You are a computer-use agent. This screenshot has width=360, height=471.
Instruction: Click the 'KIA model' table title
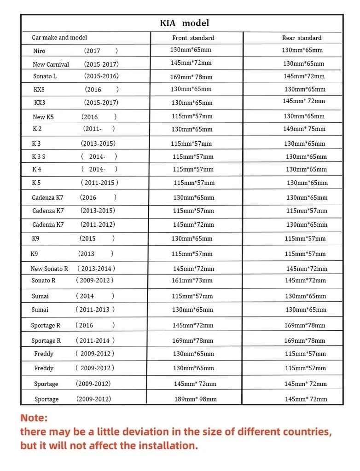[x=184, y=23]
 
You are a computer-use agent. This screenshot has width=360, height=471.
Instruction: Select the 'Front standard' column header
[x=193, y=38]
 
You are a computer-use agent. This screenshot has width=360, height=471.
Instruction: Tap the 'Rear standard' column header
[x=302, y=38]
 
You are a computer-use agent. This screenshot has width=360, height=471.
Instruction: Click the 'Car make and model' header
[x=59, y=37]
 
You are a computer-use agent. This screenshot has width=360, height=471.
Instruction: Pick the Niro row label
[x=40, y=51]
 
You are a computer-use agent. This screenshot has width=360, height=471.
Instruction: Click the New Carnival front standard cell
[x=191, y=63]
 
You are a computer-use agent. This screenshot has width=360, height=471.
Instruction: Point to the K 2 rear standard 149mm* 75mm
[x=304, y=129]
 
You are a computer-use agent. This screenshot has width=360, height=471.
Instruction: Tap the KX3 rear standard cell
[x=304, y=101]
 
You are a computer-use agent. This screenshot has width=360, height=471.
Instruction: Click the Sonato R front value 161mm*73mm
[x=192, y=280]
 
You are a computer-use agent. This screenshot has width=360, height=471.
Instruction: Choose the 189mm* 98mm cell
[x=195, y=399]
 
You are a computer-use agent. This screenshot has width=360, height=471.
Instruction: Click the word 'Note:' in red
[x=34, y=418]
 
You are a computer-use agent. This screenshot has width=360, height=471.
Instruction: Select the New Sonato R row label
[x=49, y=269]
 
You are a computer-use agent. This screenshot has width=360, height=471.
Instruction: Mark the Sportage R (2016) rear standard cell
[x=305, y=325]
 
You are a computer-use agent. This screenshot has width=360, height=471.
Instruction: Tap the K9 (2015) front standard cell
[x=192, y=239]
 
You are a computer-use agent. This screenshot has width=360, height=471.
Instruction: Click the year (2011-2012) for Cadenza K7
[x=98, y=224]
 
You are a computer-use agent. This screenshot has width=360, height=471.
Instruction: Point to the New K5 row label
[x=43, y=117]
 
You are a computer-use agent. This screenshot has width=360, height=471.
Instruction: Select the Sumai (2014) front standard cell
[x=192, y=296]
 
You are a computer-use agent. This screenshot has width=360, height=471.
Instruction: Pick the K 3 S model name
[x=39, y=156]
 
